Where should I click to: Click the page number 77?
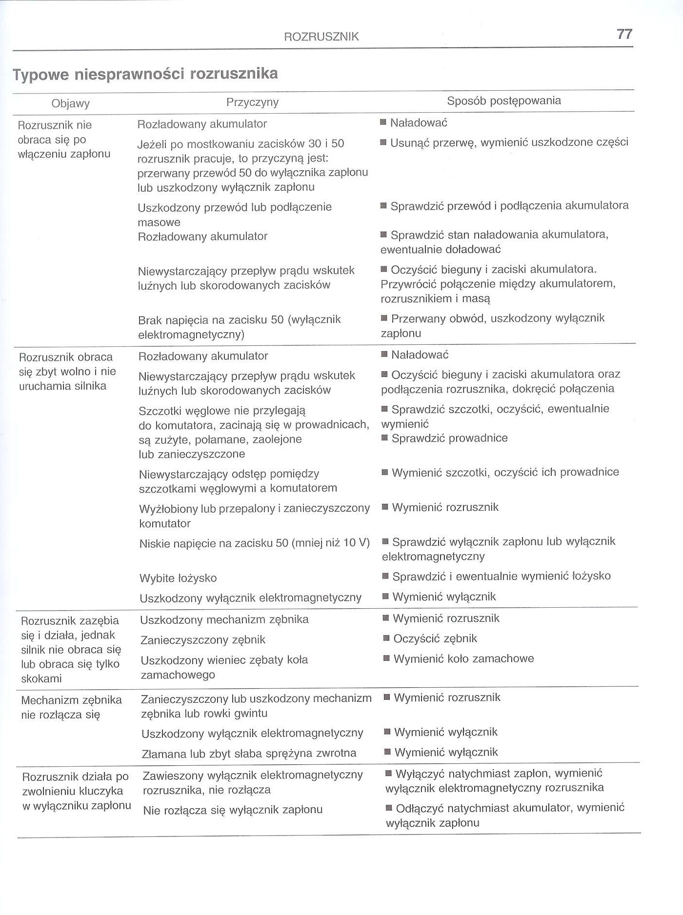624,34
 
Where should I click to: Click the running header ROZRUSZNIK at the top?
321,37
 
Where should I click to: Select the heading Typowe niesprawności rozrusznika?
145,74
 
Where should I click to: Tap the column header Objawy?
71,103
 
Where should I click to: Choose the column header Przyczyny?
252,102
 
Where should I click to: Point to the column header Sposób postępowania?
504,101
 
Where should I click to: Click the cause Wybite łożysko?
178,578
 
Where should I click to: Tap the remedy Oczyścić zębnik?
435,639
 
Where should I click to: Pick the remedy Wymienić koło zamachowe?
463,659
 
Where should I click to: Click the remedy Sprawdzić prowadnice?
449,438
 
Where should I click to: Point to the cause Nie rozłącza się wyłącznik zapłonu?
233,810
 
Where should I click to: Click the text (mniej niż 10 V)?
330,542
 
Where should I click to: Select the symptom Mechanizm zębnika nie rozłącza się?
71,708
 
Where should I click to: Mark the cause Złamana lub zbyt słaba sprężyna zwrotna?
249,754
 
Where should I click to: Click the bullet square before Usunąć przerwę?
383,142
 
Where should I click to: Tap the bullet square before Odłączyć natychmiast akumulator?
389,808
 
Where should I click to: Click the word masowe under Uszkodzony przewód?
159,222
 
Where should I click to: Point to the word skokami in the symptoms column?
41,678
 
